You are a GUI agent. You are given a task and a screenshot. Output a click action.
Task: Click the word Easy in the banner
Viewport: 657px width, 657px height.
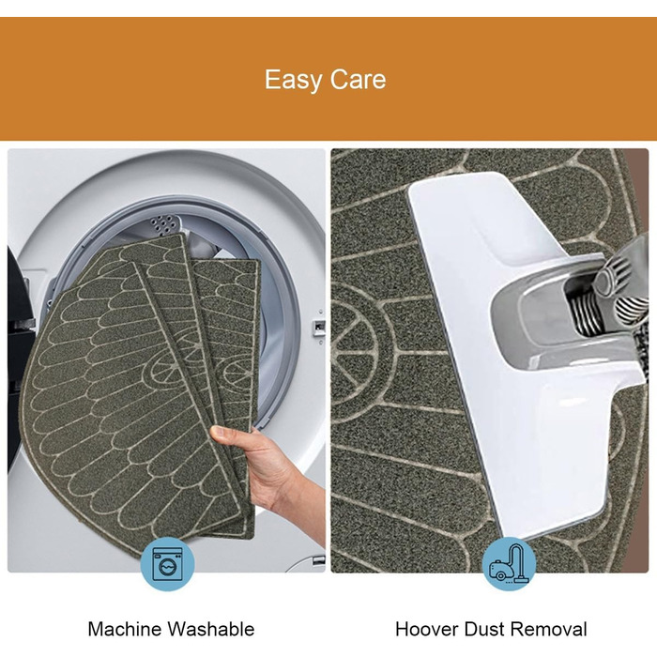point(294,80)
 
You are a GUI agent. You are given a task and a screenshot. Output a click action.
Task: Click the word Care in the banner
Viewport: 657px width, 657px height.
point(358,80)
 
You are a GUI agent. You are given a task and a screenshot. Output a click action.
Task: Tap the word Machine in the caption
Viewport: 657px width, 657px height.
point(125,630)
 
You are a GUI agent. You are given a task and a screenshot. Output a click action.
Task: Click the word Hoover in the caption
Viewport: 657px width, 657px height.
point(427,630)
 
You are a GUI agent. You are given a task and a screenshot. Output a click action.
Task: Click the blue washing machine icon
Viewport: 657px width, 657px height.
point(167,564)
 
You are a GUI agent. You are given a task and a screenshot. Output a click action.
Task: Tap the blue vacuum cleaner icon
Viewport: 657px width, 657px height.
point(509,564)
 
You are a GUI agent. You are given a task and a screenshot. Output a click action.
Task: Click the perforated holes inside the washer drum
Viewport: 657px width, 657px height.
point(164,224)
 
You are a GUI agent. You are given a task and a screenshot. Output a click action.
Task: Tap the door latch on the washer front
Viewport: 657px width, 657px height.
point(320,326)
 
